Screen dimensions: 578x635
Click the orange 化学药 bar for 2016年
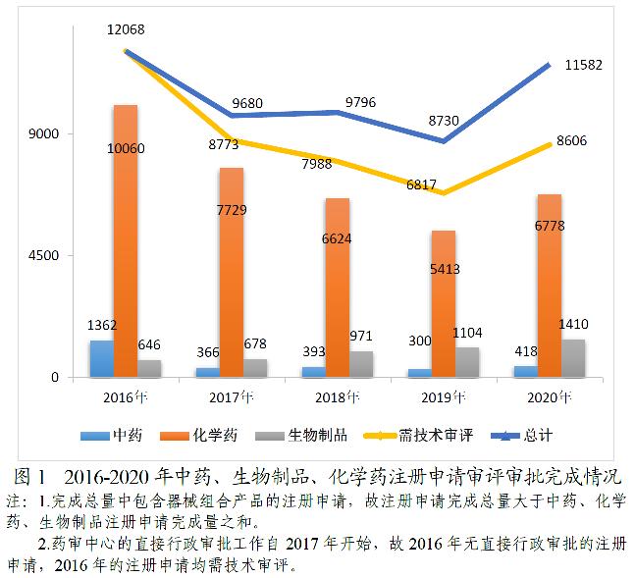point(126,240)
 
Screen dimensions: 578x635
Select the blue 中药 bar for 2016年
point(101,359)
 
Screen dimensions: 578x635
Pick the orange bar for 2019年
point(444,303)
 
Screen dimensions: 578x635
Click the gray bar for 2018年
point(361,364)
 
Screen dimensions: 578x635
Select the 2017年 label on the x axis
point(232,397)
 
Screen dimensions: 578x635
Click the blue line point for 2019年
point(444,141)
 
